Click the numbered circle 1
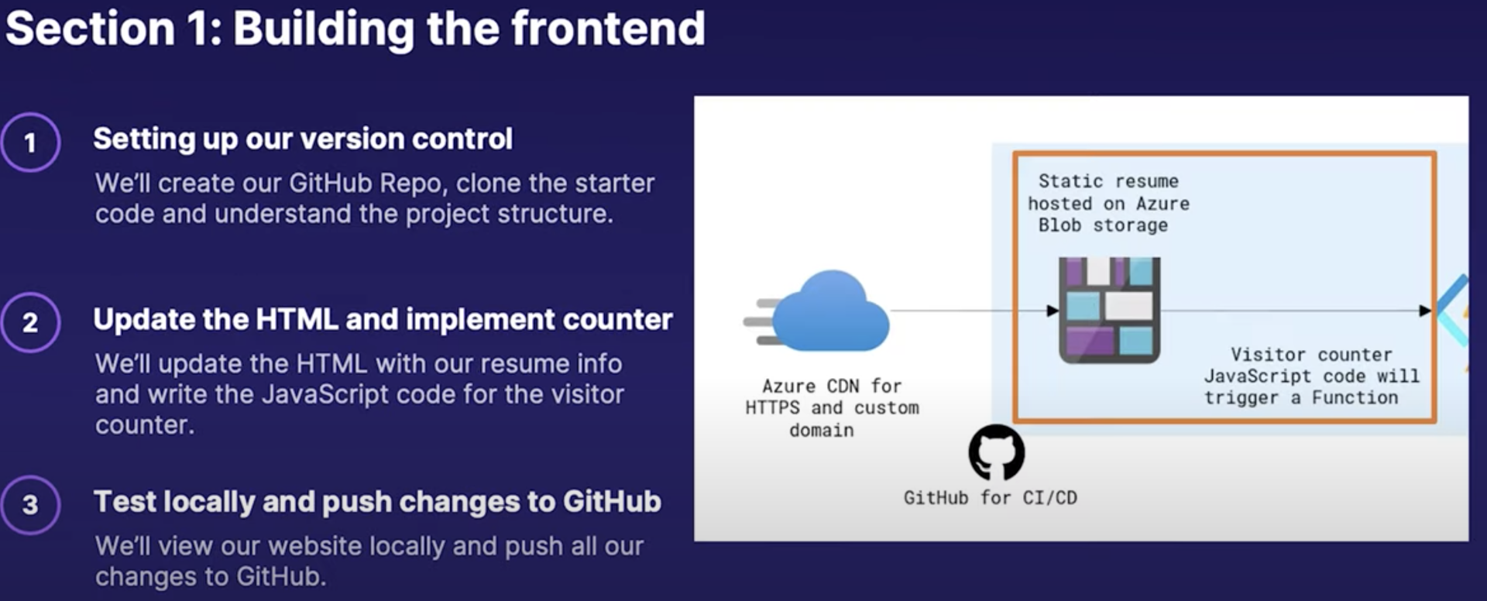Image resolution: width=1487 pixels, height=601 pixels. click(x=30, y=143)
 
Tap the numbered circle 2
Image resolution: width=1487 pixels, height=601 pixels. click(x=30, y=322)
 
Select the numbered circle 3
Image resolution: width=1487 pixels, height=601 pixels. click(x=30, y=505)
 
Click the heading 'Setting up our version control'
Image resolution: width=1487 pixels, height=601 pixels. click(x=303, y=139)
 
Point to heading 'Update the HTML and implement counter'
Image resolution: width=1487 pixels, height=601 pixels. click(x=383, y=320)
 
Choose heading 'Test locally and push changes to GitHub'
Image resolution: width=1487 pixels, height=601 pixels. click(x=377, y=502)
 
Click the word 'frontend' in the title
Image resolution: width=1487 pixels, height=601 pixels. click(x=608, y=29)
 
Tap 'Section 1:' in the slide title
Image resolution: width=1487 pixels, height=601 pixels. click(x=114, y=29)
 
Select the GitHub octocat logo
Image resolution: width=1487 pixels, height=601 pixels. click(x=997, y=452)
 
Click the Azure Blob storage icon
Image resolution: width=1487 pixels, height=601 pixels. click(x=1109, y=310)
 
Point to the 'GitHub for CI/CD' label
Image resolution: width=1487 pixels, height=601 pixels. click(x=991, y=498)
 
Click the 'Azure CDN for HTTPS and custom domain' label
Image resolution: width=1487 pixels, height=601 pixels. click(x=832, y=408)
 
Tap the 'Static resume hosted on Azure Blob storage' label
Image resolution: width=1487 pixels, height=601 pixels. click(x=1108, y=203)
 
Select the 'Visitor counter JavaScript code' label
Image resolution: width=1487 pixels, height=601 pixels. click(x=1312, y=376)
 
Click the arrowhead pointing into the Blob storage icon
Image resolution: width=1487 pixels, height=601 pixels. click(x=1053, y=311)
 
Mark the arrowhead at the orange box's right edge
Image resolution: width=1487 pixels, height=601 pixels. click(x=1425, y=311)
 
